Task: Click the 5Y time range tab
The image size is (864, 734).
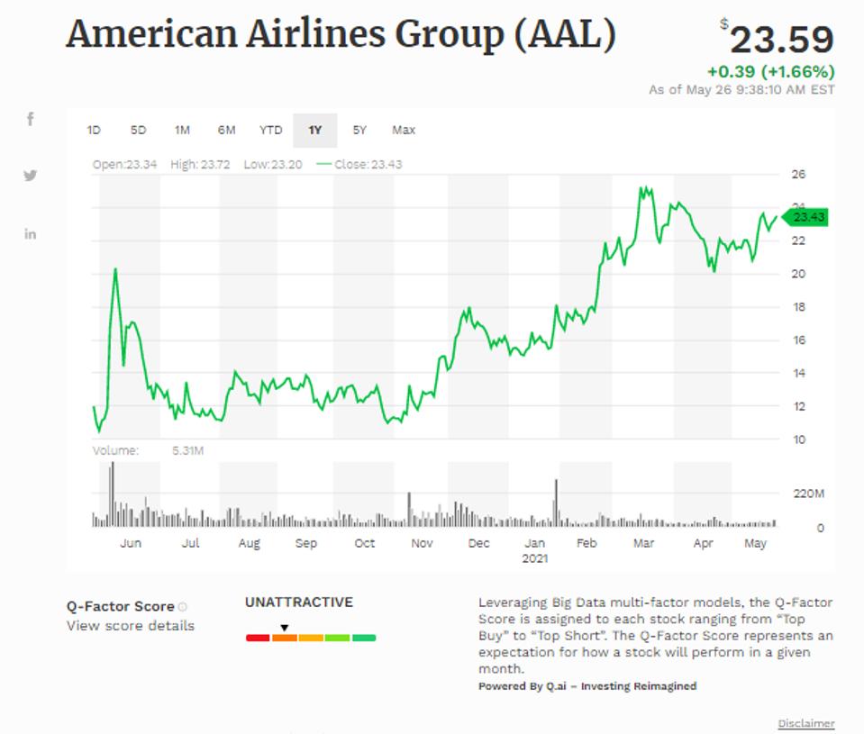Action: click(359, 131)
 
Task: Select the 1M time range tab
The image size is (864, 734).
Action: click(182, 131)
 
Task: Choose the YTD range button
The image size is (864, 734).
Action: click(270, 131)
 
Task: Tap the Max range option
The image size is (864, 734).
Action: click(404, 131)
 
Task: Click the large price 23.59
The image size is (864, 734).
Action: click(781, 41)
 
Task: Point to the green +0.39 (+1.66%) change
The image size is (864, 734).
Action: click(770, 72)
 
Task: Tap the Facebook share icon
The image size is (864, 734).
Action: click(30, 119)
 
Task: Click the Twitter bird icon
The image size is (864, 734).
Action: click(30, 176)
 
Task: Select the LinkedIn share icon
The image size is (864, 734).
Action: click(30, 234)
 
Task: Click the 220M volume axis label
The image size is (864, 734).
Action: click(807, 494)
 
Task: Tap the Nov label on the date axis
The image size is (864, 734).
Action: click(422, 544)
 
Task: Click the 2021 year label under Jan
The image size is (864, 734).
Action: click(535, 558)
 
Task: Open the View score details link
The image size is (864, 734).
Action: click(130, 626)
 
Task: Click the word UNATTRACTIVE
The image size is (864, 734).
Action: click(299, 603)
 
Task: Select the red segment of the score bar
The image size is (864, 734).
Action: click(258, 638)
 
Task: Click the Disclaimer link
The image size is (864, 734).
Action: click(806, 723)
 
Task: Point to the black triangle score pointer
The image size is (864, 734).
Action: click(284, 628)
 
